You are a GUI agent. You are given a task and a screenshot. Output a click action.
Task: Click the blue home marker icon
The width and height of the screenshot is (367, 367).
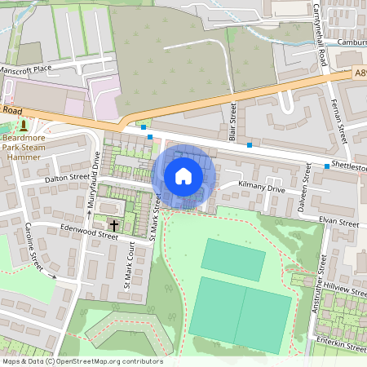pyautogui.click(x=183, y=175)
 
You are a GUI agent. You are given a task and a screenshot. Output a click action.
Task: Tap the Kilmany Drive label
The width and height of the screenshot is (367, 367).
pyautogui.click(x=261, y=188)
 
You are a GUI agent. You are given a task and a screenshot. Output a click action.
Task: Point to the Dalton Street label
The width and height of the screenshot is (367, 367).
pyautogui.click(x=67, y=177)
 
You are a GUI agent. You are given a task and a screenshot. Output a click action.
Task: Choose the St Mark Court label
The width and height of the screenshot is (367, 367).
pyautogui.click(x=128, y=270)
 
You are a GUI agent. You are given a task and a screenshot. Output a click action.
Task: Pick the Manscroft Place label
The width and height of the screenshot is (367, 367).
pyautogui.click(x=33, y=70)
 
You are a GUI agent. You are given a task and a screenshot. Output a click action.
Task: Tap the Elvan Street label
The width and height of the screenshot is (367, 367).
pyautogui.click(x=338, y=222)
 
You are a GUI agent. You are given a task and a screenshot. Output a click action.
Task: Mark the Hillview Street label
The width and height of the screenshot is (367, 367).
pyautogui.click(x=342, y=268)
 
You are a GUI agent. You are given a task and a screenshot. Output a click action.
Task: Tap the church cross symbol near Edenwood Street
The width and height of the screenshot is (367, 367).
pyautogui.click(x=113, y=223)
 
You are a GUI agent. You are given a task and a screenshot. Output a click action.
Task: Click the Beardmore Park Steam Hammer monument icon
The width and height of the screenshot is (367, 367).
pyautogui.click(x=24, y=126)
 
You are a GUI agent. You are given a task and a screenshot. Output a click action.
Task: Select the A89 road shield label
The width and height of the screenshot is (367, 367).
pyautogui.click(x=360, y=73)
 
